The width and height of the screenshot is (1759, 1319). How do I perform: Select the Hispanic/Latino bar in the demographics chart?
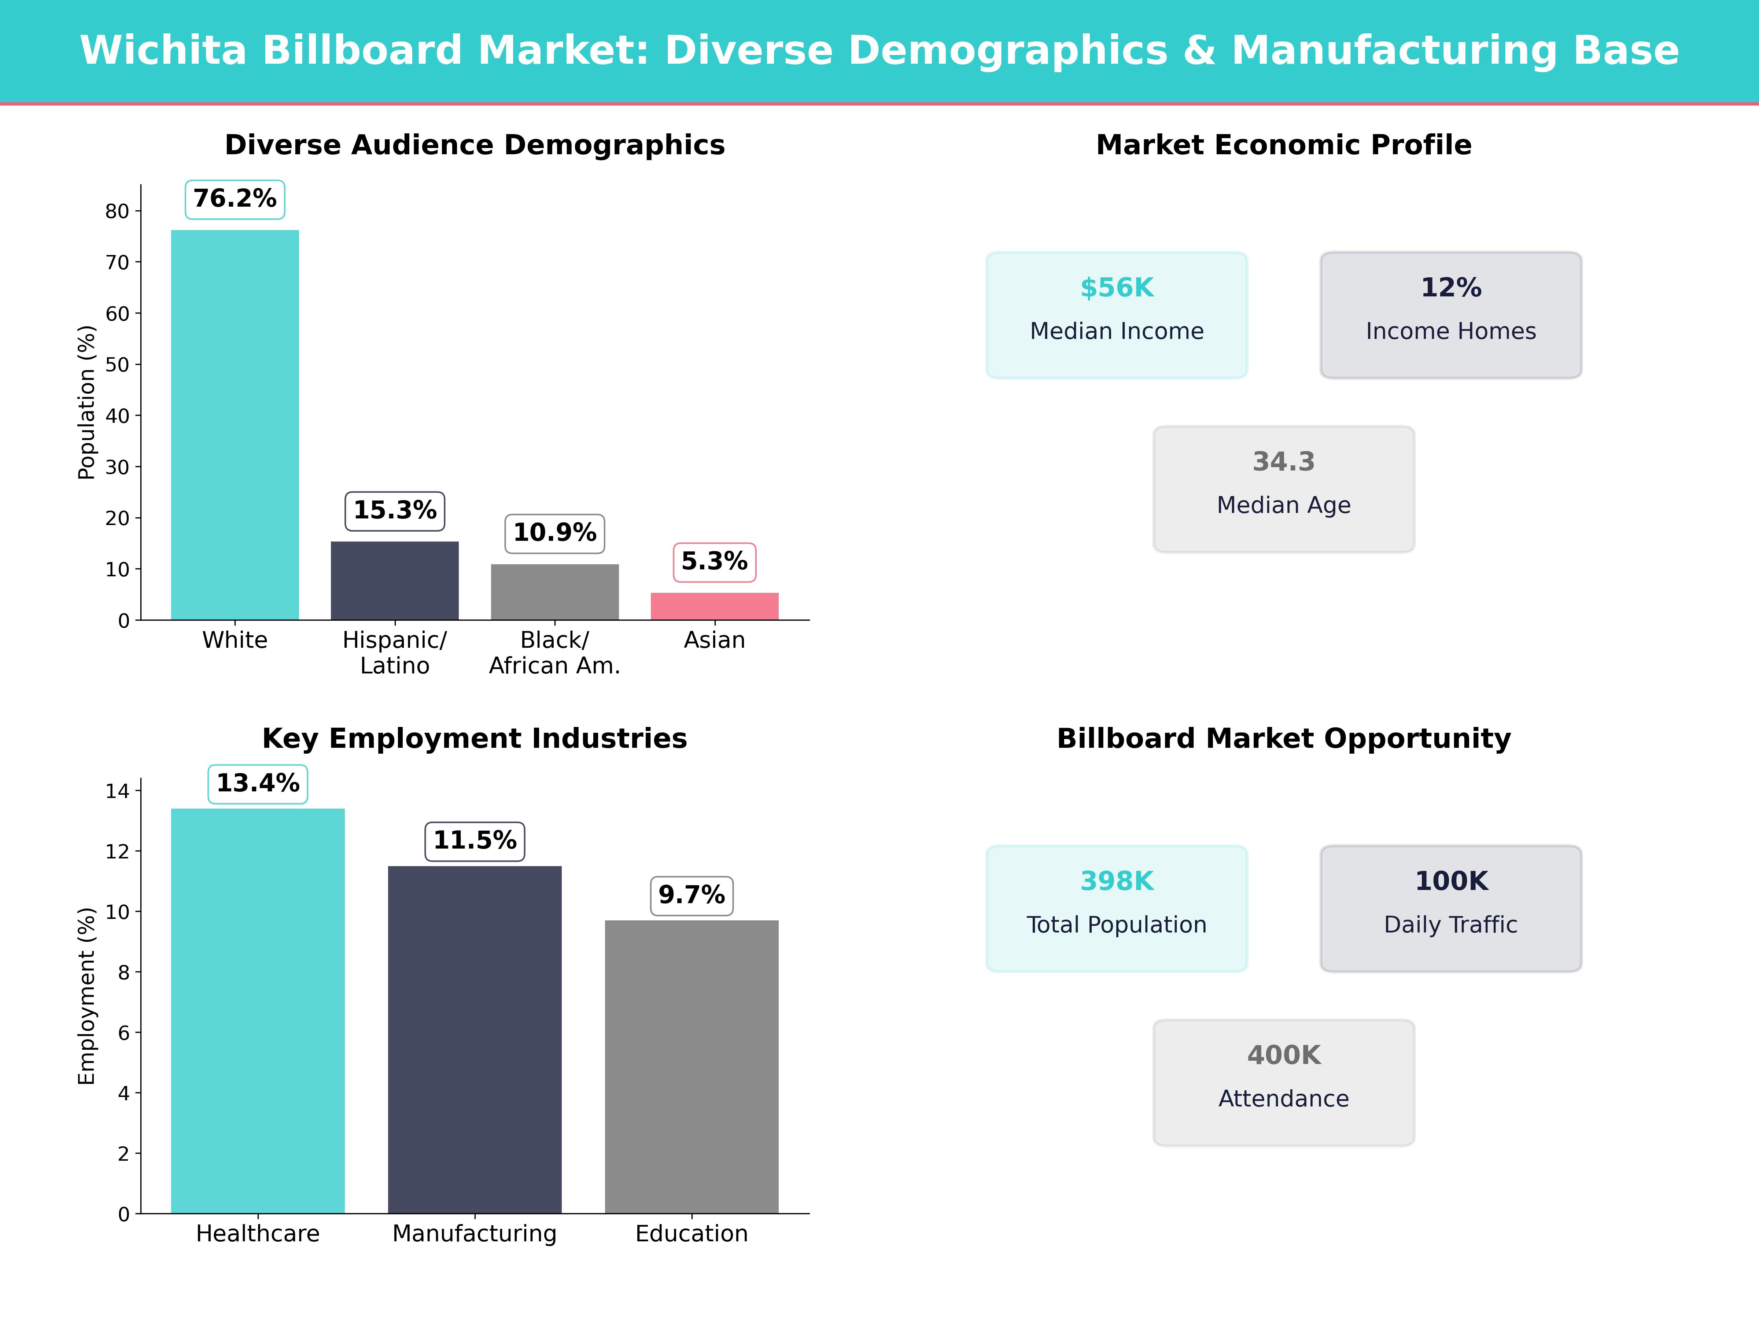click(394, 580)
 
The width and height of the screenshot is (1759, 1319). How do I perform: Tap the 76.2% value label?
click(235, 199)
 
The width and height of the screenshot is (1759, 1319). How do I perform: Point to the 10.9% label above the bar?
click(554, 533)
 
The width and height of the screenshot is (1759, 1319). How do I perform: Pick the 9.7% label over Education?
click(691, 895)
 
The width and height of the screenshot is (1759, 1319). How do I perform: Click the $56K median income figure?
click(1117, 288)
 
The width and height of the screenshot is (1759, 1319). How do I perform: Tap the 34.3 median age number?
click(1283, 462)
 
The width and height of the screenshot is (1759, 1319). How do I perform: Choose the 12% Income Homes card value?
click(1450, 288)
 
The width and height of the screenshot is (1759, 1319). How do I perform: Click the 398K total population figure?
click(1117, 881)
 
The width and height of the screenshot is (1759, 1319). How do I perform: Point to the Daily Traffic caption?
click(1450, 925)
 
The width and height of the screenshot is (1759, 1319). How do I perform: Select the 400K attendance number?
click(1283, 1055)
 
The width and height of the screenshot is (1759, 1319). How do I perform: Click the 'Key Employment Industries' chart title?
click(475, 739)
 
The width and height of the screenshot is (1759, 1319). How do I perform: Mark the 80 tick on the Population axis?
click(117, 211)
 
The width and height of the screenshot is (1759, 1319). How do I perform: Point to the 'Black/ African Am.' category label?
click(554, 653)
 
